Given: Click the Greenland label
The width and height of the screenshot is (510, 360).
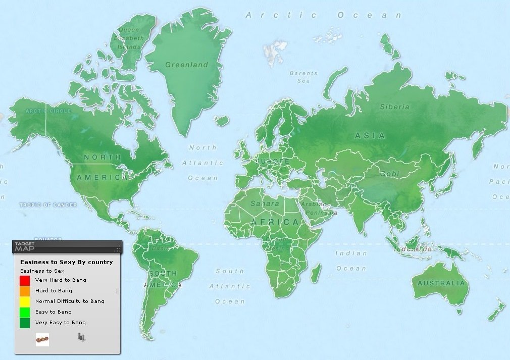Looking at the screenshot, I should [187, 65].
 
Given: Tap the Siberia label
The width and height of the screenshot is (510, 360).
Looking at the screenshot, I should [395, 107].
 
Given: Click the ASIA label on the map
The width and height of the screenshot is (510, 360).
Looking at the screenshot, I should [370, 135].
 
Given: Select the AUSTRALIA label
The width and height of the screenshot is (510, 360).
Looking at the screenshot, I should [441, 283].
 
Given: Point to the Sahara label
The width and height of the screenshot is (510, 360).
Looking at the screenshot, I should [265, 203].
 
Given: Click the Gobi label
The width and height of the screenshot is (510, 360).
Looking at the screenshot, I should [390, 173].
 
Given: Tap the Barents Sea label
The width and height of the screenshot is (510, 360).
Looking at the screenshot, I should [303, 77].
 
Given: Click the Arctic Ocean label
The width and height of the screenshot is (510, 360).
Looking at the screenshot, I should [324, 15].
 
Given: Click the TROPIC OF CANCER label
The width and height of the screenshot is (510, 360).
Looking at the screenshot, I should [48, 205].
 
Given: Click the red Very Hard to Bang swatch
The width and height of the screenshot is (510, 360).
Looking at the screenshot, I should [25, 280].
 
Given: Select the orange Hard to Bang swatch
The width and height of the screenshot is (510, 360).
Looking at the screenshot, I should [25, 291].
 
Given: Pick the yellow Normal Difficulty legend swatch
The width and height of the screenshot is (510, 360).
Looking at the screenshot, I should [25, 301].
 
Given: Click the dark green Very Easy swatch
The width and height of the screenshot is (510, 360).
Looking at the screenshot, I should [25, 323].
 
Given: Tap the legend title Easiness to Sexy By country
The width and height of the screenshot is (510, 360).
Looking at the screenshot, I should [66, 262].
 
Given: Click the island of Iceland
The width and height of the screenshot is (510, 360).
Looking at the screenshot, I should [221, 121].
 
